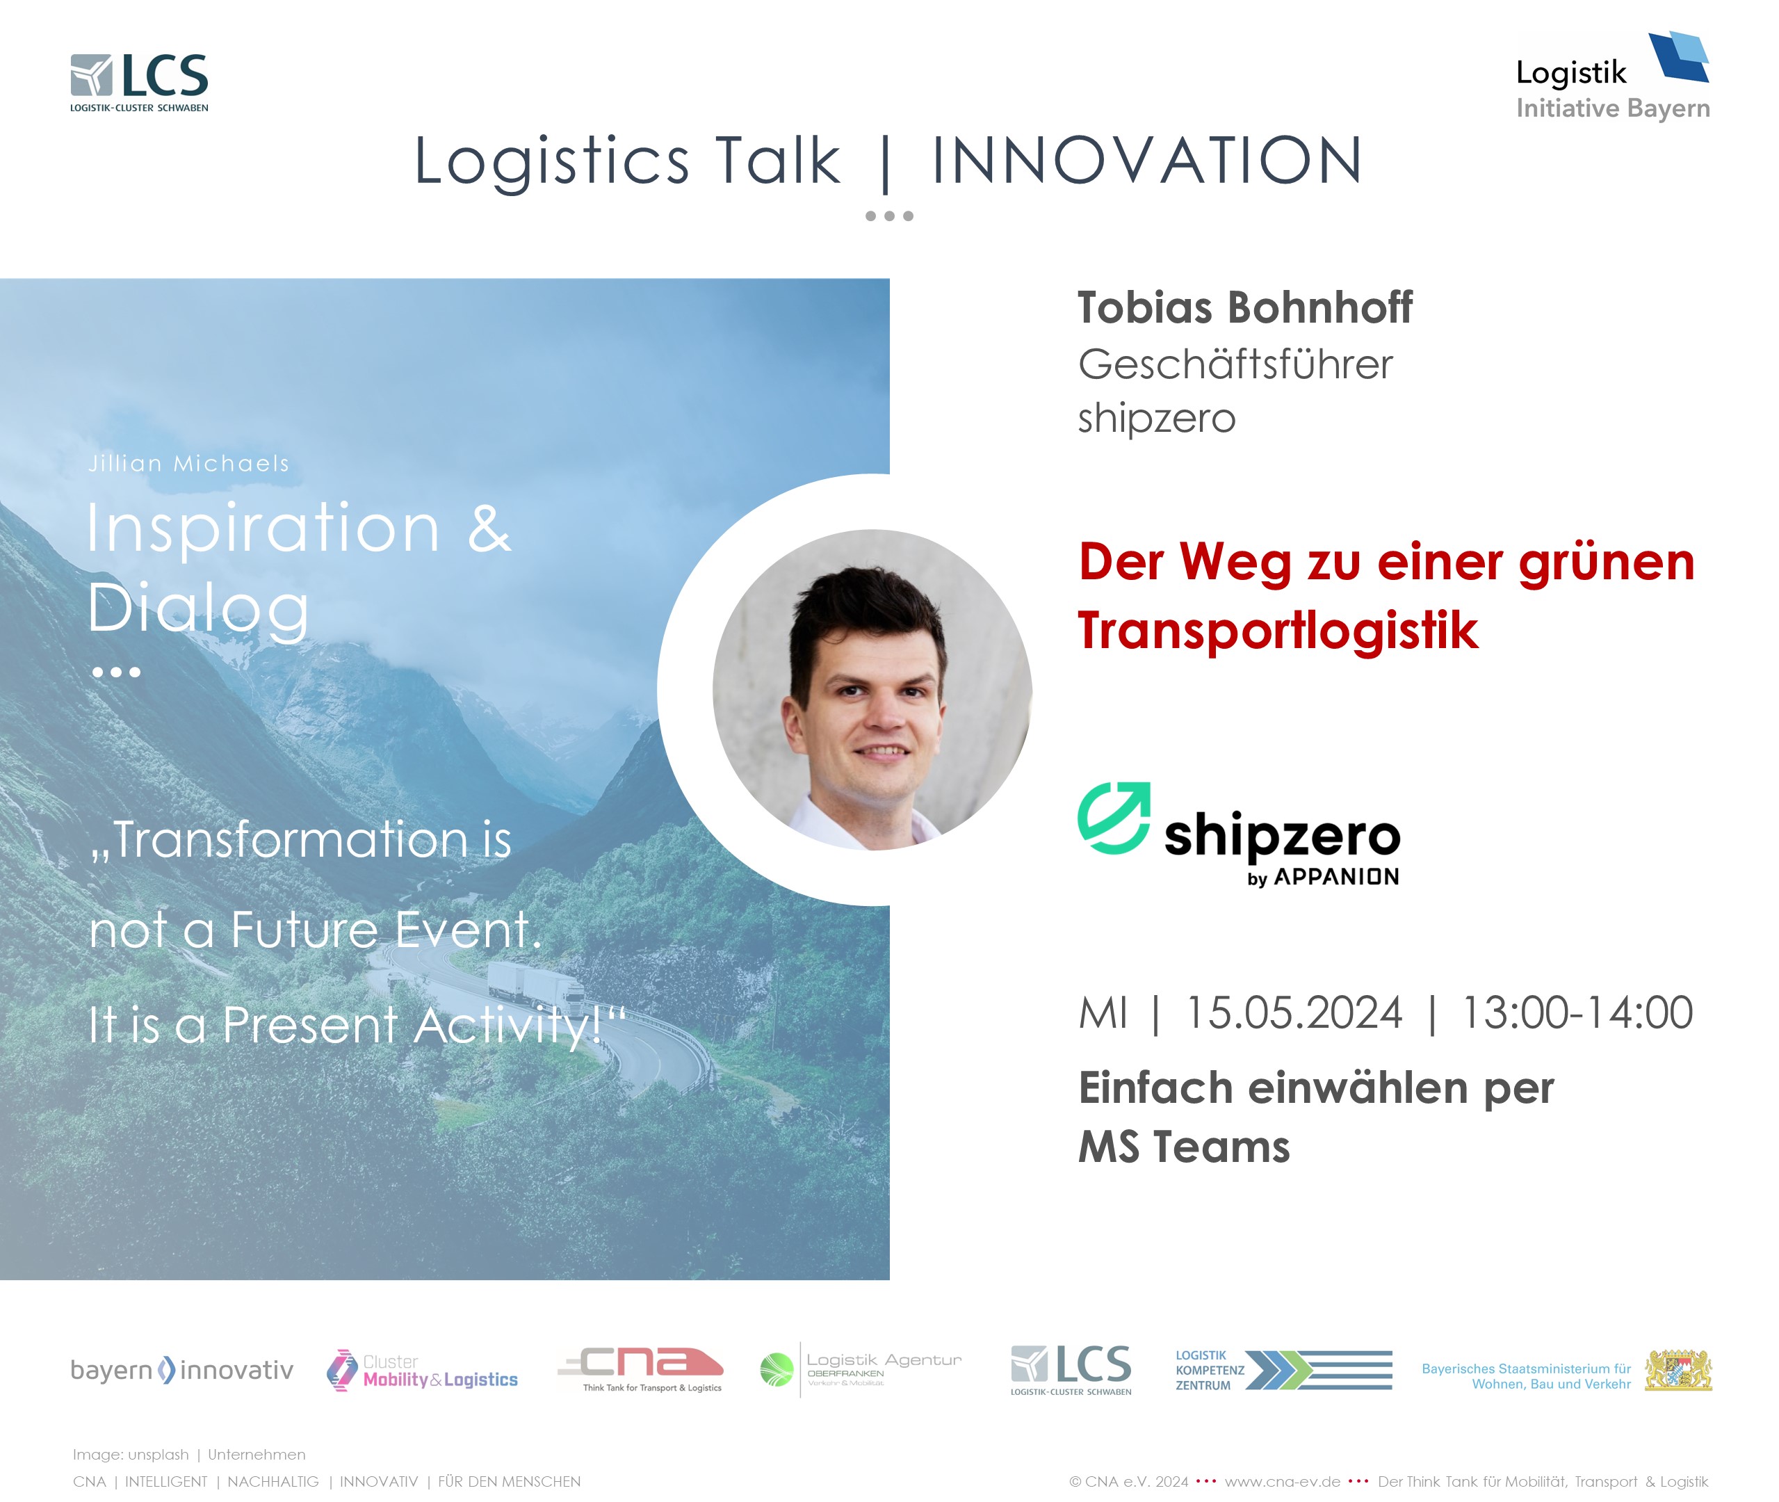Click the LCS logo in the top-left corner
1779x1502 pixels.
(140, 83)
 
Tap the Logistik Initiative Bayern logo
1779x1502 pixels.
(1613, 76)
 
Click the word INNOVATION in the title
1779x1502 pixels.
(1147, 160)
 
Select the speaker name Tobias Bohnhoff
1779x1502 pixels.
(1244, 307)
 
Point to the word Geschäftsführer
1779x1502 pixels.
(1235, 365)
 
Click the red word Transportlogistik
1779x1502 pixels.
(1278, 631)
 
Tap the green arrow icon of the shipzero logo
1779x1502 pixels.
(1114, 818)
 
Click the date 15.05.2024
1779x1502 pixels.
(1294, 1013)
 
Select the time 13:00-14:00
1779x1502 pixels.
(1577, 1013)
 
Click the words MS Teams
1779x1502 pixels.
(1184, 1147)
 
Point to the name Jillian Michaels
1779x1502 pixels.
(189, 463)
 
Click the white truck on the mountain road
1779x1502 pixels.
(536, 985)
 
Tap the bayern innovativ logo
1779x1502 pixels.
(182, 1370)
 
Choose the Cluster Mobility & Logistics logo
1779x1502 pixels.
(422, 1370)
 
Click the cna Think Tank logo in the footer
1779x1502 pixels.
(640, 1369)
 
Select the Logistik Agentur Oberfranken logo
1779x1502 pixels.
(861, 1369)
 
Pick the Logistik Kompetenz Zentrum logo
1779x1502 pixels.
(1283, 1370)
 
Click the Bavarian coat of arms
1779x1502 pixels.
(1678, 1370)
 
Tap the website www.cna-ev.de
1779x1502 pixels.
(1282, 1482)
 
